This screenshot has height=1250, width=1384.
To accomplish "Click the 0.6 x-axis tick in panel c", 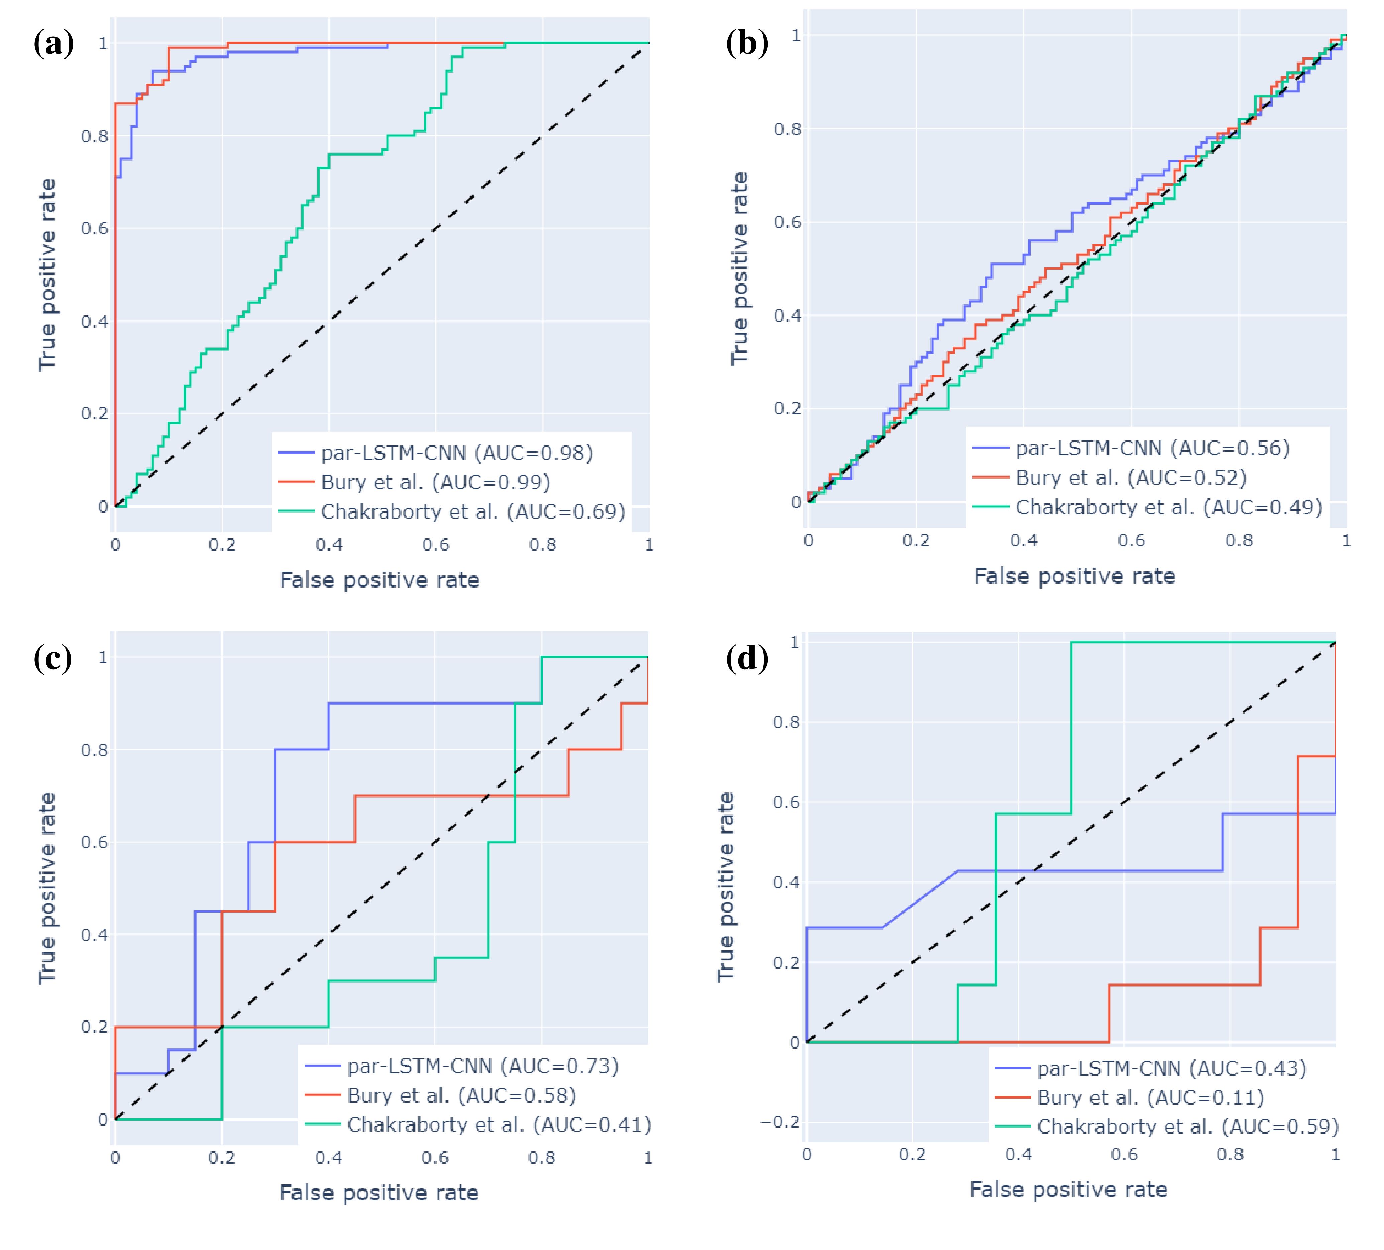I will pyautogui.click(x=435, y=1158).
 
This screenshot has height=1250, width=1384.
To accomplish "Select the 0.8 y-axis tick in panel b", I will pyautogui.click(x=787, y=129).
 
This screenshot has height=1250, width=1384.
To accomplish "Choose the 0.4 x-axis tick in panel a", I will pyautogui.click(x=329, y=545).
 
